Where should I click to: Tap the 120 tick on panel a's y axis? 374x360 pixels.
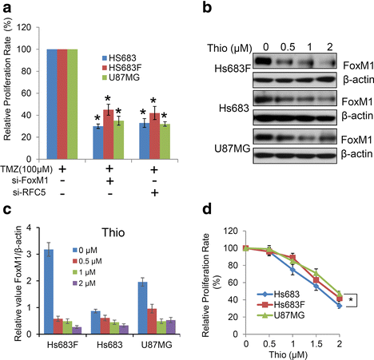click(37, 28)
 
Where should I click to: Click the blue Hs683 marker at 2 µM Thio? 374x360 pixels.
click(340, 306)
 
